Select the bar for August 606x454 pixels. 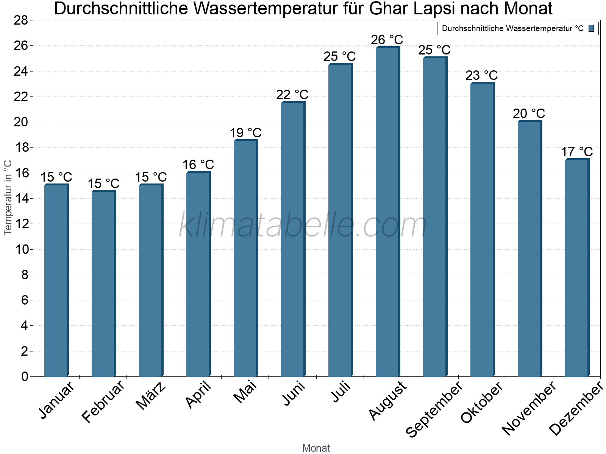click(387, 212)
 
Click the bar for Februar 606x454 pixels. click(103, 284)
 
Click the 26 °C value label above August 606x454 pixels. click(387, 40)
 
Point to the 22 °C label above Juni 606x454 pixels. click(292, 95)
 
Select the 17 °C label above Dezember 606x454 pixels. click(576, 152)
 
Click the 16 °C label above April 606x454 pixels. click(198, 165)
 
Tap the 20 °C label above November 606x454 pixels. click(529, 113)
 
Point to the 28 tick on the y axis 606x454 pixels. click(21, 20)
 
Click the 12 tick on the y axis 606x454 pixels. click(21, 224)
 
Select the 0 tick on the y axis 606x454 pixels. click(25, 376)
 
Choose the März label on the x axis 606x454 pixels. click(151, 396)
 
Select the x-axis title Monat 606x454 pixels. click(316, 448)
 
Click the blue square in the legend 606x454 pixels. click(591, 28)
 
